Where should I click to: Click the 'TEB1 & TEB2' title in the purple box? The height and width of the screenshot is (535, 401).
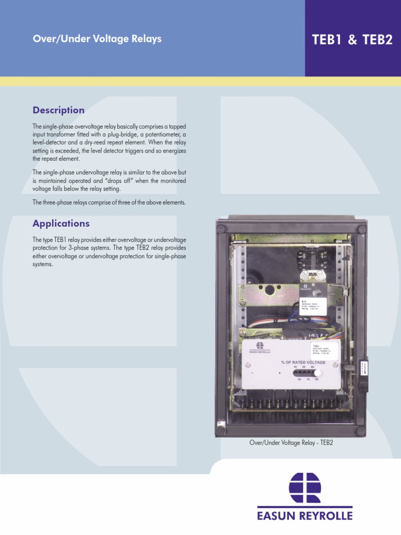click(352, 40)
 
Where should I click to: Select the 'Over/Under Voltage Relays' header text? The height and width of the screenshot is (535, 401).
click(97, 39)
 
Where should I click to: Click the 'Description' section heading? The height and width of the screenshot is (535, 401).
click(58, 110)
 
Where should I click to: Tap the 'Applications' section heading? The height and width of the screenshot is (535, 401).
click(61, 224)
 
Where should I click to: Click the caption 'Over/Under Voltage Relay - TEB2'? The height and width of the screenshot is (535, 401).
click(291, 443)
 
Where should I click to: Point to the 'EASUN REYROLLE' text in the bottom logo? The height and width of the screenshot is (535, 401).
click(305, 515)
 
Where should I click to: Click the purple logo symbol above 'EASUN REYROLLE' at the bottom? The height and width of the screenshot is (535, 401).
click(305, 488)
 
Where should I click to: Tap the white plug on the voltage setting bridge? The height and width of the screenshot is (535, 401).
click(316, 373)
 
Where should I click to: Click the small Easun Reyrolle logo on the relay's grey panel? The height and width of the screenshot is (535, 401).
click(260, 346)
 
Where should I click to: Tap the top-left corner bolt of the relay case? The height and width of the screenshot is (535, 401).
click(221, 229)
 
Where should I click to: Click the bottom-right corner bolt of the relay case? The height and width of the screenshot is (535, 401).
click(360, 431)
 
